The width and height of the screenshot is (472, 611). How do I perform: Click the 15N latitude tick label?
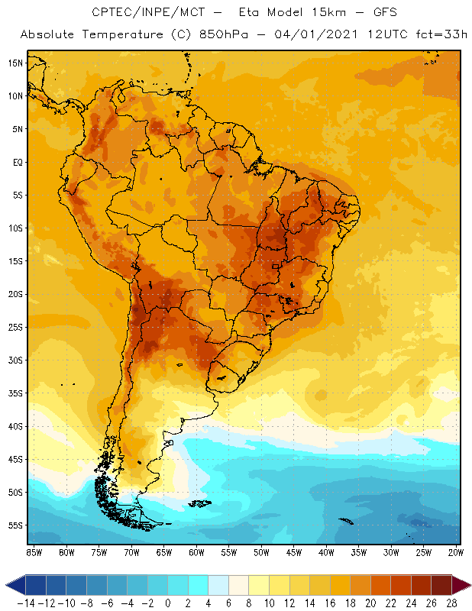coord(15,63)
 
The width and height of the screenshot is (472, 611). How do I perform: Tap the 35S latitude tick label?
coord(15,393)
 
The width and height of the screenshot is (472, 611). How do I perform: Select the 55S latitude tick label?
coord(15,525)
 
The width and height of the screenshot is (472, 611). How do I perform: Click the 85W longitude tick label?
coord(34,551)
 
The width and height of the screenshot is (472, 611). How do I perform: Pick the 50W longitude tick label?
coord(262,551)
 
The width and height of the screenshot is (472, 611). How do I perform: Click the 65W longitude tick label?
coord(164,551)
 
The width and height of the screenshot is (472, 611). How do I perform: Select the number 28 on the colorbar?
coord(451,603)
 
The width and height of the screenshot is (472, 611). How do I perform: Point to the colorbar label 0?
coord(167,603)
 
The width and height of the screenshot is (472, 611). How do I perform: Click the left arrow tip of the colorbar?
coord(8,585)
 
